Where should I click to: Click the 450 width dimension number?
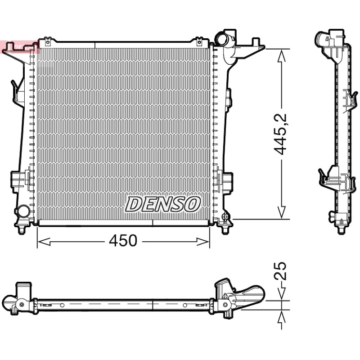tap(123, 241)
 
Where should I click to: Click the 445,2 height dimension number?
tap(280, 134)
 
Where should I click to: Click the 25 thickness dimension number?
tap(280, 271)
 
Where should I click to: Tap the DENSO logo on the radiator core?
tap(162, 204)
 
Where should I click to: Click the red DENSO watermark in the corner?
tap(20, 47)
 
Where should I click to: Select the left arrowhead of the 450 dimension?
tap(44, 242)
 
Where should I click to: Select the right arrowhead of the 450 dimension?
tap(203, 242)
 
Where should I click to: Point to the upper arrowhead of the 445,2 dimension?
tap(282, 56)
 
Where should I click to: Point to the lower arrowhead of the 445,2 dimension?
tap(282, 212)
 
